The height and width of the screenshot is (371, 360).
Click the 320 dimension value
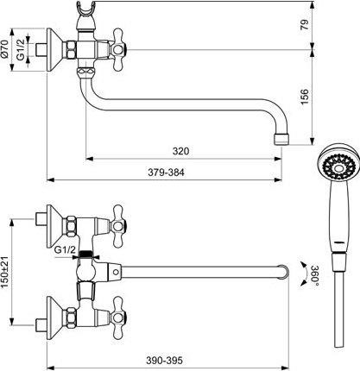click(x=180, y=151)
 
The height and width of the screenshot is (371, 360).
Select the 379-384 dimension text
click(x=166, y=173)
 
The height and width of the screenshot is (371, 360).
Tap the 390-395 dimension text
click(x=164, y=361)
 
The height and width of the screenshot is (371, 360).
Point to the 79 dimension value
click(x=304, y=24)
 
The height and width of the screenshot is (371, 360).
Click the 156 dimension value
click(x=304, y=97)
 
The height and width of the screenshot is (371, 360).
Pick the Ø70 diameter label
click(x=5, y=49)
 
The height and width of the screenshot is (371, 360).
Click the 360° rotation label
click(x=314, y=275)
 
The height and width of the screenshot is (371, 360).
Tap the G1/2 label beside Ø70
click(x=21, y=49)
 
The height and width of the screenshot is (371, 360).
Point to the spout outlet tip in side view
click(x=281, y=139)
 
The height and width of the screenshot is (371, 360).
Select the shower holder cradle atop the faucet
click(x=86, y=11)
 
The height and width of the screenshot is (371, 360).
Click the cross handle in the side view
click(x=118, y=49)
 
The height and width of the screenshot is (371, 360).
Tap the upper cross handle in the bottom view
click(x=118, y=226)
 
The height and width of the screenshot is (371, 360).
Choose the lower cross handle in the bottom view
click(x=118, y=318)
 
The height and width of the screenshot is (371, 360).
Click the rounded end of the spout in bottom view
click(x=286, y=272)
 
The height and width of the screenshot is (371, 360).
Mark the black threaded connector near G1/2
click(x=85, y=254)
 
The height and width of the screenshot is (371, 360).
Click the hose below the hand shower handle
click(x=339, y=309)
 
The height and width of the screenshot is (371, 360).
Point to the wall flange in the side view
click(x=54, y=49)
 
